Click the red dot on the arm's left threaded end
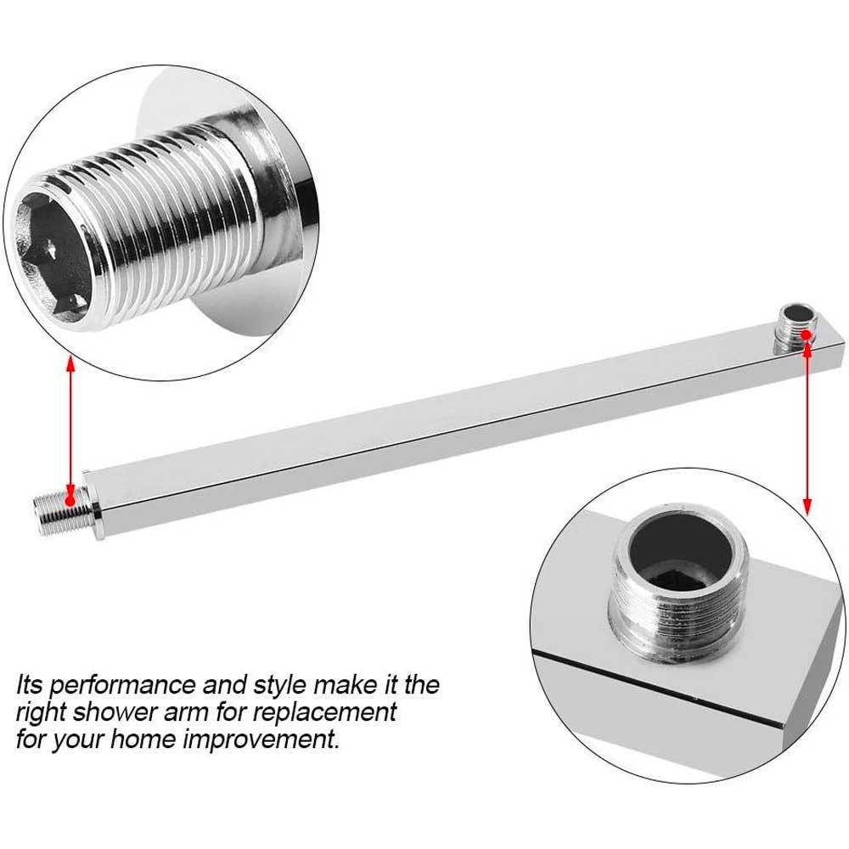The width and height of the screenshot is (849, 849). coord(70,501)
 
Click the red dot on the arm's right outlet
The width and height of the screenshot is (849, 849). coord(807,335)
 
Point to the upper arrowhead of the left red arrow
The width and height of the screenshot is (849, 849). coord(70,361)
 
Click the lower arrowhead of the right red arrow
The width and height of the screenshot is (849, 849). coord(807,509)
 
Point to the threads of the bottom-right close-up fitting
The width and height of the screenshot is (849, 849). coord(677,617)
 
